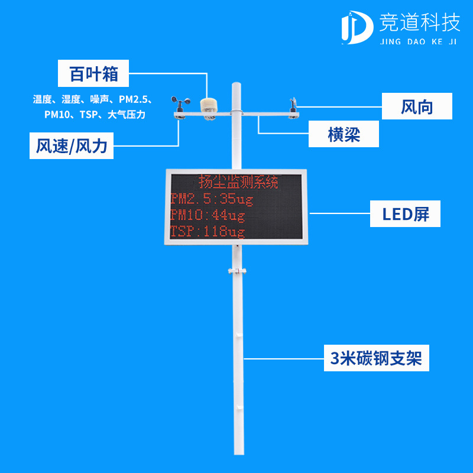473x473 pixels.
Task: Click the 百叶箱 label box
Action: tap(93, 74)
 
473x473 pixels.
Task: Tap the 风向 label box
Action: tap(417, 107)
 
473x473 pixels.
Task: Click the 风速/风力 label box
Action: tap(72, 146)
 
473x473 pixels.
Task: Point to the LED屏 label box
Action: tap(406, 213)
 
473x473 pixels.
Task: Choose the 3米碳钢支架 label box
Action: tap(376, 358)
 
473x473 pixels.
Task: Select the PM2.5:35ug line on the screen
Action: tap(211, 199)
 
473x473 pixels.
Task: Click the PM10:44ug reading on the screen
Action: tap(207, 215)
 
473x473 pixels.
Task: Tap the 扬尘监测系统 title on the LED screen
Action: tap(239, 182)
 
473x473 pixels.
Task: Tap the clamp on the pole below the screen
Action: tap(235, 271)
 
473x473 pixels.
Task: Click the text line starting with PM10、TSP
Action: tap(94, 115)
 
